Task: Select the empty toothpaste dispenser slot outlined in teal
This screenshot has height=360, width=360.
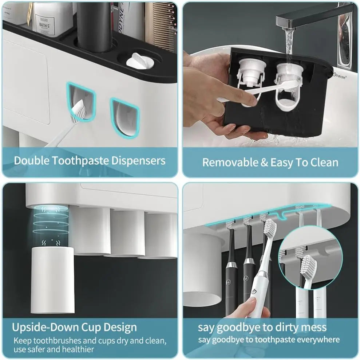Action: [125, 116]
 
